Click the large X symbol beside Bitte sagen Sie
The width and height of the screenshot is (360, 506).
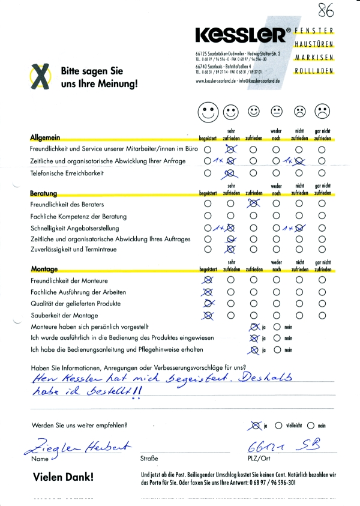[x=40, y=76]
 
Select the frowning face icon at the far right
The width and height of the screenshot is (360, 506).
[x=322, y=111]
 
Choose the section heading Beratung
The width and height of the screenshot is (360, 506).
[x=43, y=193]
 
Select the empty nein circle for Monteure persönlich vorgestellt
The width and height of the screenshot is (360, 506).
[x=277, y=327]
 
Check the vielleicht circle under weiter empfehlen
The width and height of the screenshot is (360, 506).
[x=278, y=426]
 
